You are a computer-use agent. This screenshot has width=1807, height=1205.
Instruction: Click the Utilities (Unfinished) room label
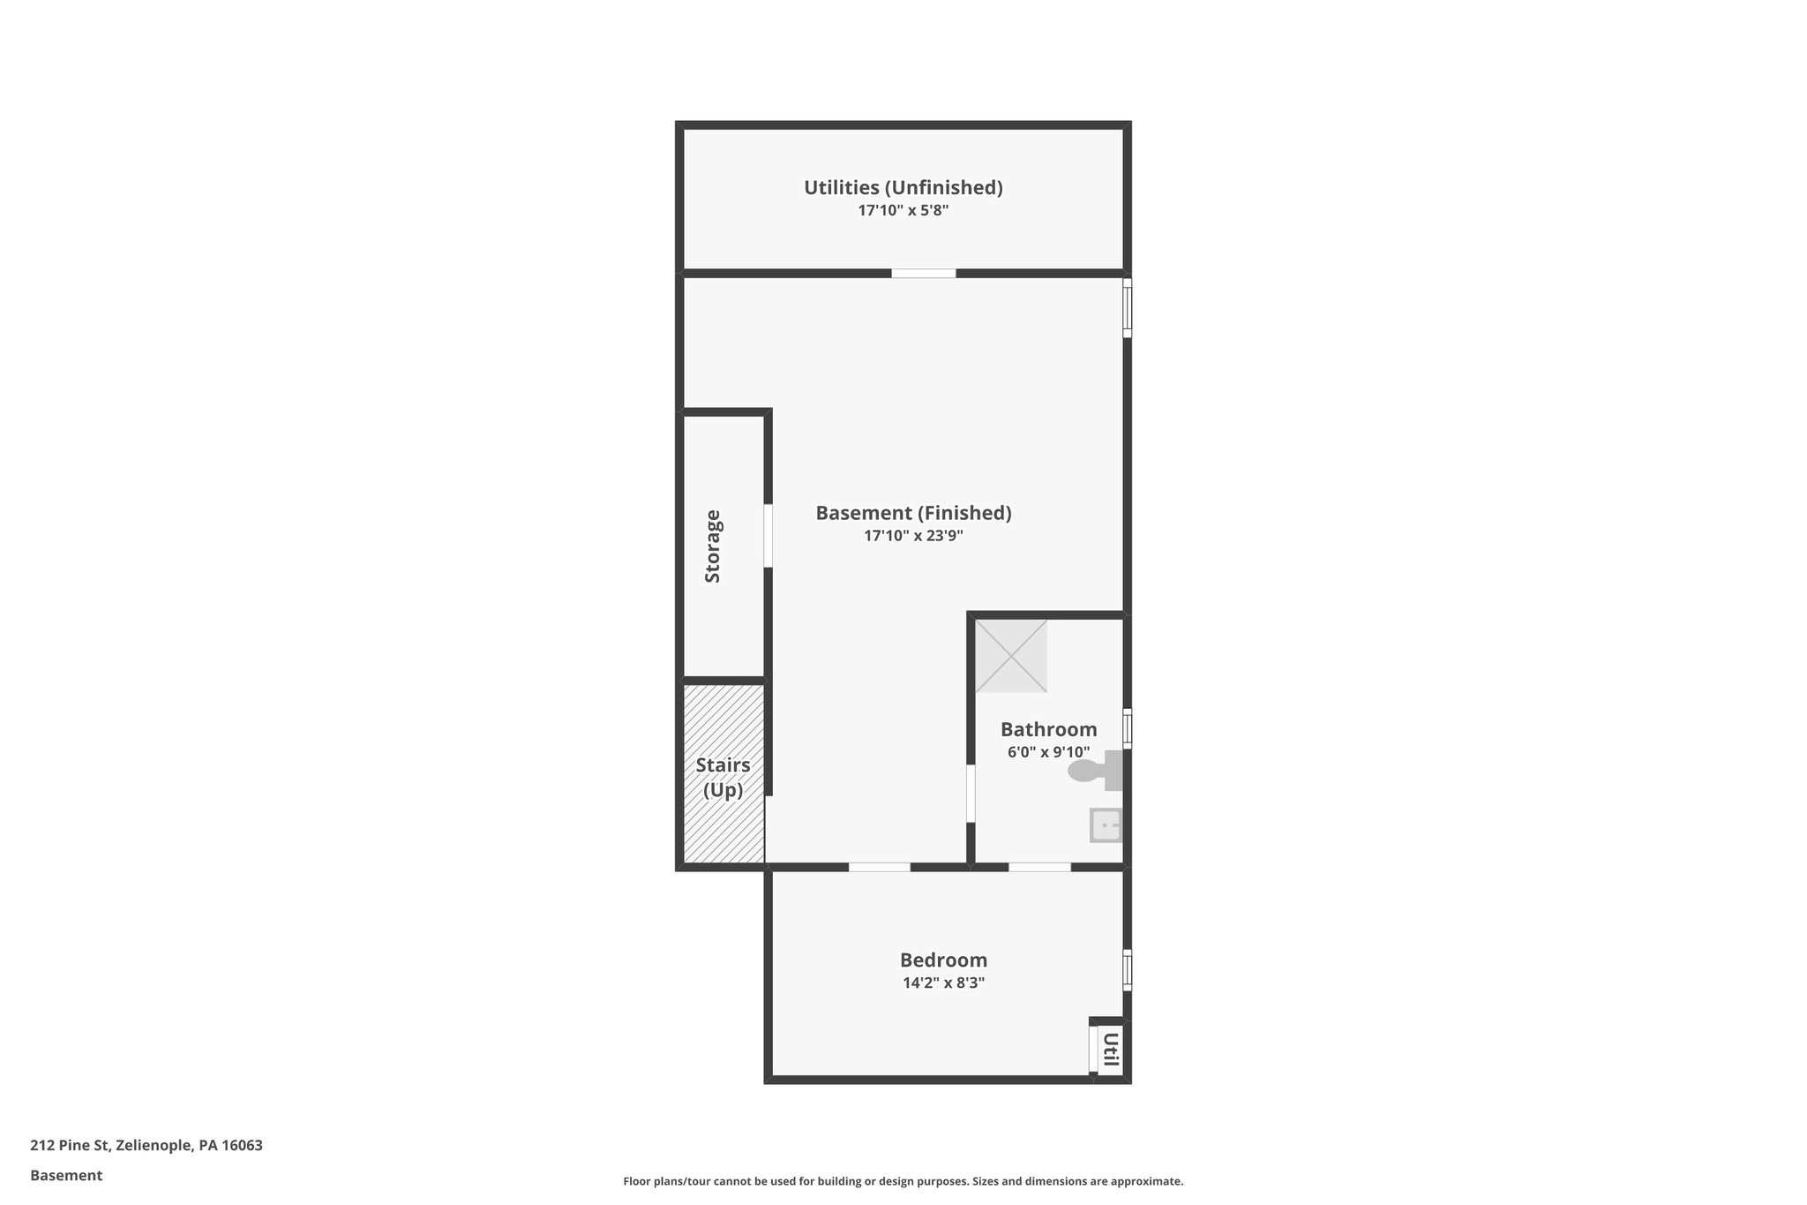tap(903, 187)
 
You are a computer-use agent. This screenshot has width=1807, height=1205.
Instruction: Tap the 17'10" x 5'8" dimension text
tap(903, 211)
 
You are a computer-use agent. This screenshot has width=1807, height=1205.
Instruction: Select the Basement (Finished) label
tap(913, 513)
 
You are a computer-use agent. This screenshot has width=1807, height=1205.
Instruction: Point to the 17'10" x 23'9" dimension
tap(913, 536)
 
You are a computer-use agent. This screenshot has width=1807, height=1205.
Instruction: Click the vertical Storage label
tap(713, 546)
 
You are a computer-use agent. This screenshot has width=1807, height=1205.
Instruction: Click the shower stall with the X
tap(1011, 656)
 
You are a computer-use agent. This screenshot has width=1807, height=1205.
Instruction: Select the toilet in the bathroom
tap(1094, 771)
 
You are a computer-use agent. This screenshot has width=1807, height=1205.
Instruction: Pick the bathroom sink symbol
tap(1106, 826)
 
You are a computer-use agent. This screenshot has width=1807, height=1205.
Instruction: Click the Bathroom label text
tap(1048, 729)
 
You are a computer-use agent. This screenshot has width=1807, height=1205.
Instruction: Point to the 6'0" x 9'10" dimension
tap(1048, 752)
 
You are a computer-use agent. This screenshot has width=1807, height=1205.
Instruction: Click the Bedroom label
tap(943, 960)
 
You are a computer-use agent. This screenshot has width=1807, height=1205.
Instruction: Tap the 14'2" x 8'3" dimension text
tap(943, 983)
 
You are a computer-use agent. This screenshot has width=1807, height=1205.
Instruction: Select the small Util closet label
tap(1111, 1049)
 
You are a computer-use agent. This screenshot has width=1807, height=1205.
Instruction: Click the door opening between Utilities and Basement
tap(923, 274)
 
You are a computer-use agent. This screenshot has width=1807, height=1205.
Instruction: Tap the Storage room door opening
tap(769, 535)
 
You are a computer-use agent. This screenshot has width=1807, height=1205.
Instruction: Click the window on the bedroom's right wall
tap(1127, 969)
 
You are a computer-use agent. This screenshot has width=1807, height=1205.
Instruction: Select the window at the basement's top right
tap(1127, 308)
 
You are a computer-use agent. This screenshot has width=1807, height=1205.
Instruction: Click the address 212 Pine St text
tap(146, 1146)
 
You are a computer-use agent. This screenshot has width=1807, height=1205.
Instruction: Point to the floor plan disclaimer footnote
tap(903, 1181)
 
